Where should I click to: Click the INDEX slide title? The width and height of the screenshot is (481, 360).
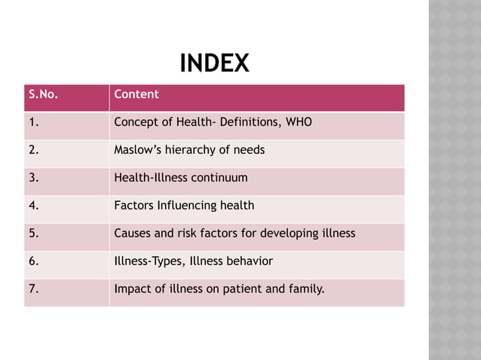215,64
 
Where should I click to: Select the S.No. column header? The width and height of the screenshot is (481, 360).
44,95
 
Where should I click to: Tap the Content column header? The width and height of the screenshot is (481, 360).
136,95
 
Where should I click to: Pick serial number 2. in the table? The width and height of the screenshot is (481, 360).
33,150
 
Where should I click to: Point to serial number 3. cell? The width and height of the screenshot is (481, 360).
33,178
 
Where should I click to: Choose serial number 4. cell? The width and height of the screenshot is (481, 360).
33,206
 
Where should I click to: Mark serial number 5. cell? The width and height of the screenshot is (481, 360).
33,233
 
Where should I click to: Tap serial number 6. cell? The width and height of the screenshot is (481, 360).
33,261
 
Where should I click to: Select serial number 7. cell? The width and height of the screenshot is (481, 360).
33,288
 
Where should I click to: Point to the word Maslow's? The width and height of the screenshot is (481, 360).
134,150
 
